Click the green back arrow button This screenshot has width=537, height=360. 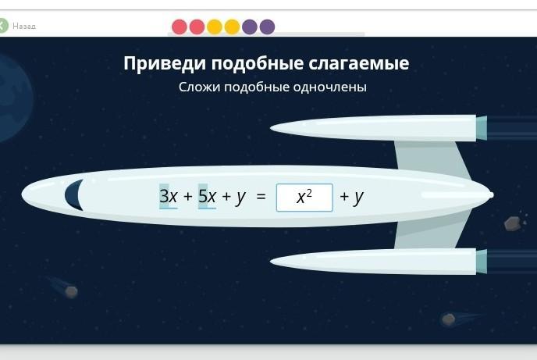(3, 26)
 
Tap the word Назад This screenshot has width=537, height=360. (24, 27)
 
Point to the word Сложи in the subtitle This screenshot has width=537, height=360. (199, 87)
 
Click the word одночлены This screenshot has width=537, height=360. (330, 87)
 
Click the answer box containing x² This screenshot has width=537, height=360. (304, 198)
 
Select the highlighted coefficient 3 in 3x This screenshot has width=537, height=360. (165, 196)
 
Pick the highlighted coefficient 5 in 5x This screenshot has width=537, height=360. (203, 196)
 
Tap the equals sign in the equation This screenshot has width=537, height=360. (261, 197)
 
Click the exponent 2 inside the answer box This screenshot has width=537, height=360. (309, 193)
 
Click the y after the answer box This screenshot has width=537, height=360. (358, 198)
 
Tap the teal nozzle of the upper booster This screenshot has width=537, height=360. (481, 128)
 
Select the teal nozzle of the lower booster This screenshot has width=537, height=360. (481, 262)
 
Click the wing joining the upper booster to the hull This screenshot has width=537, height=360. (432, 159)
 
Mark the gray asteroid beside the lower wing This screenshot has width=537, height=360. (513, 223)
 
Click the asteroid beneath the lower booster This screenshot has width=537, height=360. (448, 319)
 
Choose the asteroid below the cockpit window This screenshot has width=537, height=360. (71, 292)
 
